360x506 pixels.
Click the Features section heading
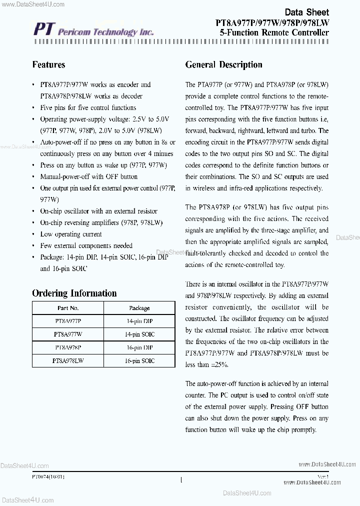(x=48, y=65)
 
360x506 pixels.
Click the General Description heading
(x=223, y=65)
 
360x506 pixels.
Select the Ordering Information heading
(x=74, y=293)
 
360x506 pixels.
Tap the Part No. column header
(x=68, y=308)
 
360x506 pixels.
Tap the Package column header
(x=139, y=308)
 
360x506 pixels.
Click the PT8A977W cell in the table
(x=68, y=334)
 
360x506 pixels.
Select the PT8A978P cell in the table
(x=68, y=347)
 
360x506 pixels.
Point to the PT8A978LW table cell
(x=68, y=360)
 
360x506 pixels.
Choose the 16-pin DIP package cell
(x=139, y=347)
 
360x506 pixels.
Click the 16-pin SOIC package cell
(x=139, y=360)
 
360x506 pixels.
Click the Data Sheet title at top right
(x=306, y=12)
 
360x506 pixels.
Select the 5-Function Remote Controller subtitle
(x=274, y=32)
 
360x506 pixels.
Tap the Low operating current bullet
(x=70, y=234)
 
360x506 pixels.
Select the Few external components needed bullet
(x=86, y=245)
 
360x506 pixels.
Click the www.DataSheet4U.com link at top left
(x=32, y=4)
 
